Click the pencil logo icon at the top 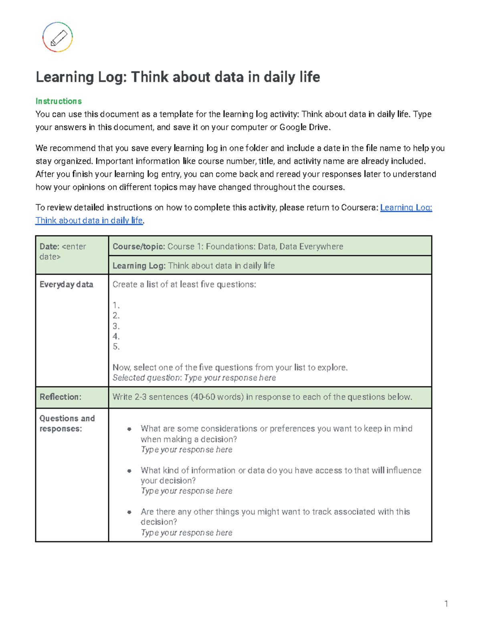pos(58,37)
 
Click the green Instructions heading pos(59,101)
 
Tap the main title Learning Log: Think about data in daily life pos(178,77)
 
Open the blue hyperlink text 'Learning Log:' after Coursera pos(406,207)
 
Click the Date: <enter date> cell pos(63,252)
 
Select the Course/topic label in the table pos(139,247)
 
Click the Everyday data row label pos(66,284)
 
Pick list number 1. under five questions pos(116,305)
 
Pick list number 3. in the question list pos(116,326)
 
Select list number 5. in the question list pos(116,347)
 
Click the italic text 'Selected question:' pos(147,378)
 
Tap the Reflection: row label pos(60,397)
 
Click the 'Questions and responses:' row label pos(67,423)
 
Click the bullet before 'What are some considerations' pos(129,429)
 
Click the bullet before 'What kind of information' pos(129,471)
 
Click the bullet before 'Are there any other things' pos(129,512)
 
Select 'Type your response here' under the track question pos(186,533)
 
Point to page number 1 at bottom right pos(446,604)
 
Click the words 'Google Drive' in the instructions pos(304,127)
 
